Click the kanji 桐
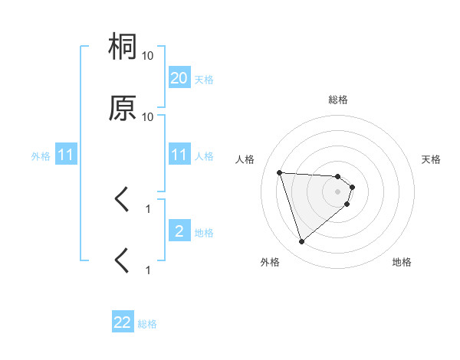[123, 47]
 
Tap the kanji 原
[123, 108]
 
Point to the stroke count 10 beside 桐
[148, 56]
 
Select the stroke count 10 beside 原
[148, 117]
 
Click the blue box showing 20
[179, 78]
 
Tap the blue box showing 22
[123, 322]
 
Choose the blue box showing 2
[179, 231]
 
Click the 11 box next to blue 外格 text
[67, 155]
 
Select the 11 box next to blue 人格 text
[179, 155]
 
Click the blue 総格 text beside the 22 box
[147, 324]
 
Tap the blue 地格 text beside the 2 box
[204, 233]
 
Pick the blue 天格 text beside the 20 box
[204, 80]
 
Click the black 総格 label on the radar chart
[338, 100]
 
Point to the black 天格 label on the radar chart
[432, 159]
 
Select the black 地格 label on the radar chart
[402, 262]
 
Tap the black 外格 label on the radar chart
[270, 262]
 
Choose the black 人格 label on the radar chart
[245, 159]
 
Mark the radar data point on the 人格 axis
[280, 172]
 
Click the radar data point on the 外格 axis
[302, 242]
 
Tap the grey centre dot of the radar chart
[338, 191]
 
